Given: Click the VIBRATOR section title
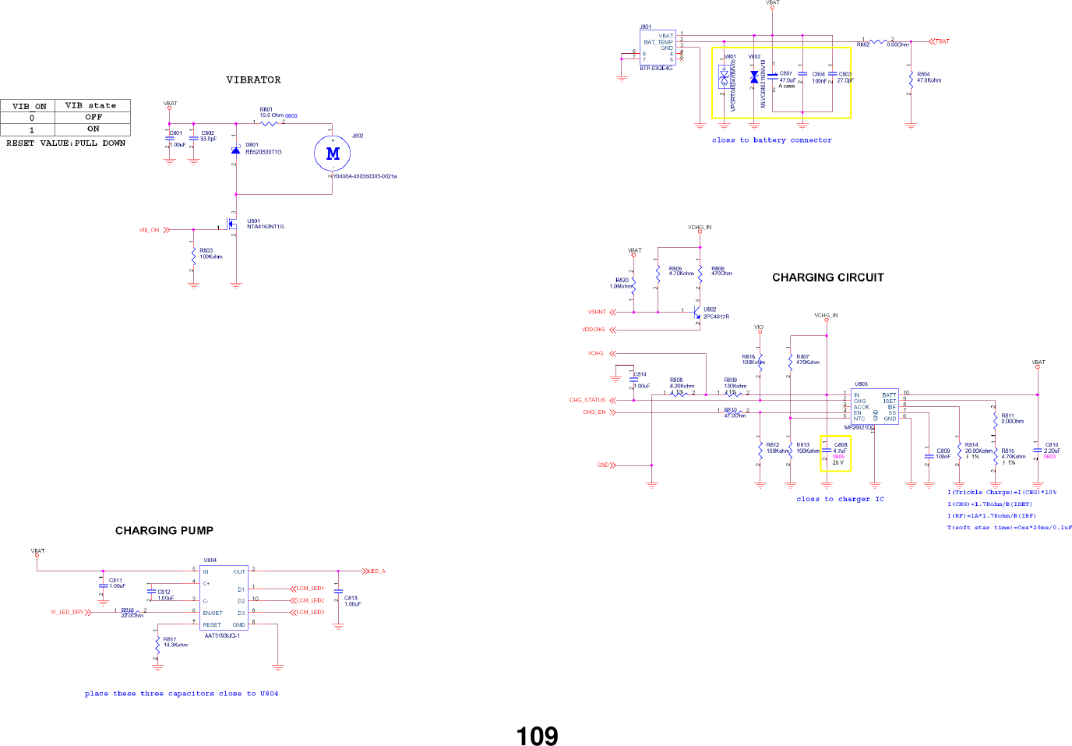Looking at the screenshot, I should pyautogui.click(x=253, y=80).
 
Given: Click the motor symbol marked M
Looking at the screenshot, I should pyautogui.click(x=333, y=154).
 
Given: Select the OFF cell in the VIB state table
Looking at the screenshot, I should pyautogui.click(x=93, y=117).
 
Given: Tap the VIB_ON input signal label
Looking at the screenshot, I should pyautogui.click(x=149, y=230).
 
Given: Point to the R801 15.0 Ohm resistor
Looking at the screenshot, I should pyautogui.click(x=269, y=122).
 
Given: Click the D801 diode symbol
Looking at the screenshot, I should pyautogui.click(x=235, y=150).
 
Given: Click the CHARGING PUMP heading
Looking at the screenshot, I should pyautogui.click(x=164, y=531).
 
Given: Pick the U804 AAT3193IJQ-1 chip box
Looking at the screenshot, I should pyautogui.click(x=224, y=598).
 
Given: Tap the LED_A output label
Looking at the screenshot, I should pyautogui.click(x=377, y=571).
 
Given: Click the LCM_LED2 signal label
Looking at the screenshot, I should pyautogui.click(x=309, y=600).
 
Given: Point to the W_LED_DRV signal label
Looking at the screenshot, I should pyautogui.click(x=67, y=612).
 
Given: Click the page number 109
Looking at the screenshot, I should pyautogui.click(x=537, y=736).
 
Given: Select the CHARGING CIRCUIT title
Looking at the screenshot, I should pyautogui.click(x=827, y=278).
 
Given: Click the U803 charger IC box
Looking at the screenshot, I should pyautogui.click(x=874, y=406).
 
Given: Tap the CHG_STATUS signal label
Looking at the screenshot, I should pyautogui.click(x=587, y=400).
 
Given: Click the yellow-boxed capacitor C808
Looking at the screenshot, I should pyautogui.click(x=835, y=454).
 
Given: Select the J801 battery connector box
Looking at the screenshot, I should pyautogui.click(x=658, y=48).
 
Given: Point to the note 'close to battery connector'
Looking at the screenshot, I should pyautogui.click(x=771, y=140).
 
